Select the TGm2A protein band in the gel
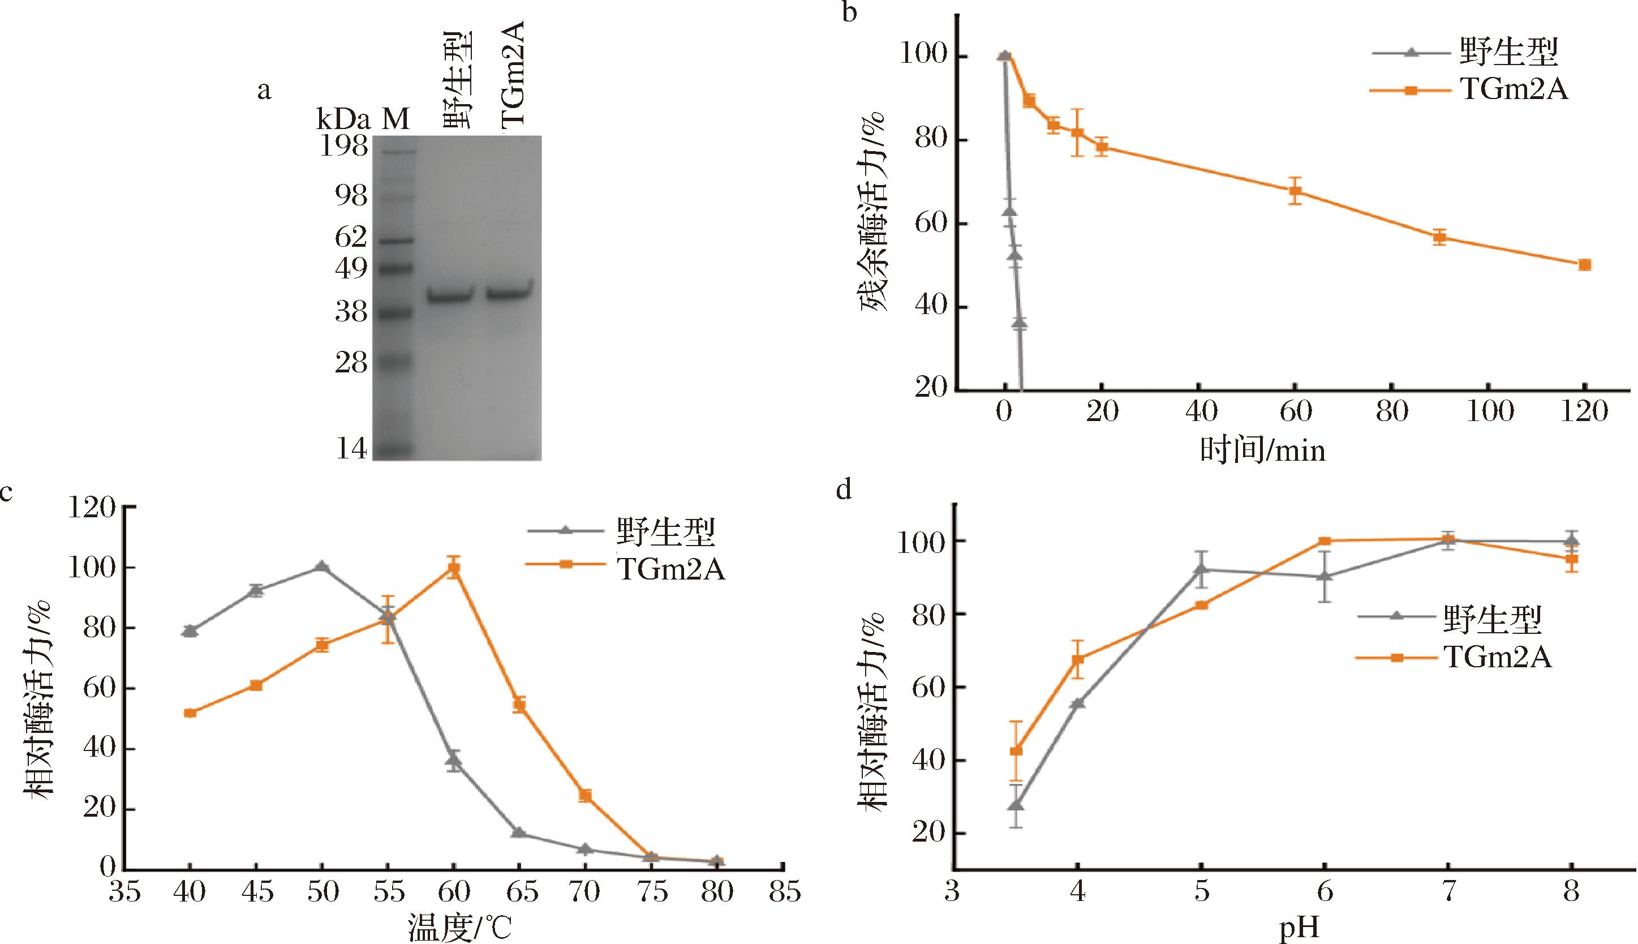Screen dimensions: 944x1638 (509, 293)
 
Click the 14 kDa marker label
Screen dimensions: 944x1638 (351, 449)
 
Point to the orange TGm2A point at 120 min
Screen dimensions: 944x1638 (1585, 264)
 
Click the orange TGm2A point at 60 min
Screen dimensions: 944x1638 (1295, 191)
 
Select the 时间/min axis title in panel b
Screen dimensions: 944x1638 (1262, 450)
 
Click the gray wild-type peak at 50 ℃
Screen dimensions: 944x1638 (321, 567)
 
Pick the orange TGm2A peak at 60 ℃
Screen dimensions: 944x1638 (454, 569)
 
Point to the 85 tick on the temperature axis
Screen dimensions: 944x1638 (784, 892)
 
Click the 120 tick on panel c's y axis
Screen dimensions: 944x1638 (92, 508)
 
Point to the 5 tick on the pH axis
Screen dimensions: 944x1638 (1201, 892)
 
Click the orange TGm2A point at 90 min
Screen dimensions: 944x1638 (1439, 237)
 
